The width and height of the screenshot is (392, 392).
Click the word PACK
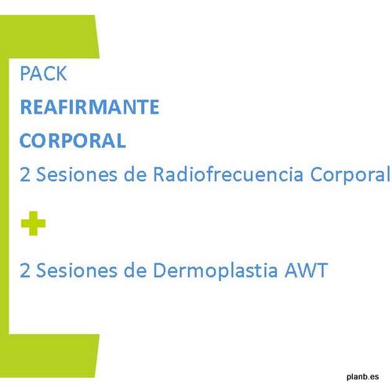pos(43,74)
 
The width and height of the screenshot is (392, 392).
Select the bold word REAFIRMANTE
pos(89,107)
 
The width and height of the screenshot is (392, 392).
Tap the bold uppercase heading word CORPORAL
pos(73,140)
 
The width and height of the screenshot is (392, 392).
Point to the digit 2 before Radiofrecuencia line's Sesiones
pos(25,174)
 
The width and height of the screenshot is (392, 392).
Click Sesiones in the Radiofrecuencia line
pos(77,174)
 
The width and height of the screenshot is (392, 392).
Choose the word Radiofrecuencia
pos(228,174)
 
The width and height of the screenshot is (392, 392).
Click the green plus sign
pos(33,223)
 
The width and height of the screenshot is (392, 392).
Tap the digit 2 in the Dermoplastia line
pos(25,270)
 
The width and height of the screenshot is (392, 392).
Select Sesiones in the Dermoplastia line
pos(77,270)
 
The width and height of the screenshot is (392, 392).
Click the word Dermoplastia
pos(216,272)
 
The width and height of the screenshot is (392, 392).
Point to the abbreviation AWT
pos(307,270)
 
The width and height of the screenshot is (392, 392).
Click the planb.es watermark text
pos(363,376)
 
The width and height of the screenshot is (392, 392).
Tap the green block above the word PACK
pos(49,37)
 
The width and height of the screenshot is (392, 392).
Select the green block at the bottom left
pos(49,355)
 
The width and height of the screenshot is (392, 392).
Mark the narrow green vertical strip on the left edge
pos(5,196)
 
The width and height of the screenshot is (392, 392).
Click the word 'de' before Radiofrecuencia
pos(135,174)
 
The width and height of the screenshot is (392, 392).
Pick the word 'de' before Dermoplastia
pos(135,270)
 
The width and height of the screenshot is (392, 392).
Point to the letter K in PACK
pos(62,74)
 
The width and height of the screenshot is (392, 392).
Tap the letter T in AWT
pos(322,270)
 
